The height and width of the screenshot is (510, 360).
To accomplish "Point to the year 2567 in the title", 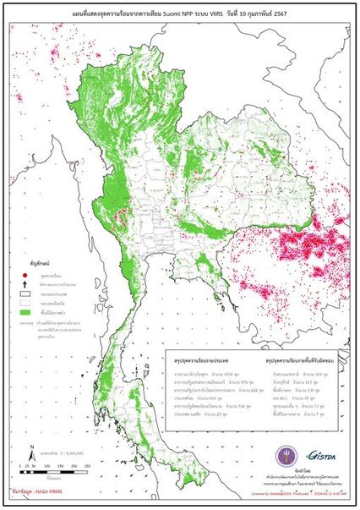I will click(294, 10).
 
